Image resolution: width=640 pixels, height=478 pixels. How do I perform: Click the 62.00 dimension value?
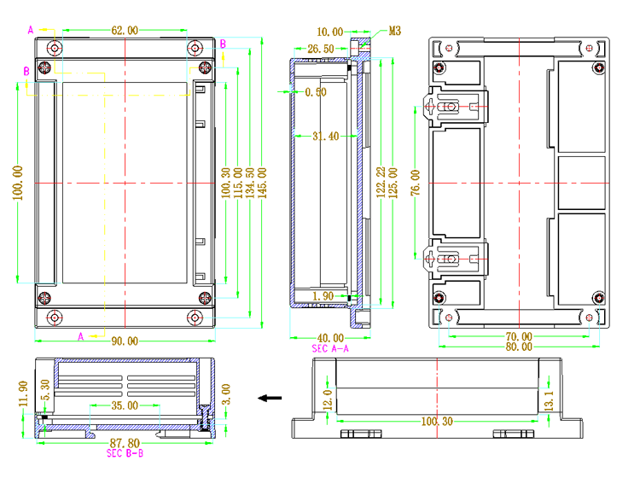pyautogui.click(x=125, y=30)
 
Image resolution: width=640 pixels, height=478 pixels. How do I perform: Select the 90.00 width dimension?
pyautogui.click(x=125, y=341)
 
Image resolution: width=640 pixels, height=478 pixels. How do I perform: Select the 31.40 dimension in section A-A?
pyautogui.click(x=326, y=136)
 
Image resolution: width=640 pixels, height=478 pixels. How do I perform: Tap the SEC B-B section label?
pyautogui.click(x=125, y=452)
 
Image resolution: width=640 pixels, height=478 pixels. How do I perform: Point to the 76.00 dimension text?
pyautogui.click(x=416, y=182)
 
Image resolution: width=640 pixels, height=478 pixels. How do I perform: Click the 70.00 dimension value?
pyautogui.click(x=519, y=337)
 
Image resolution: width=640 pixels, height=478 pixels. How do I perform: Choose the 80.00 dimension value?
pyautogui.click(x=519, y=347)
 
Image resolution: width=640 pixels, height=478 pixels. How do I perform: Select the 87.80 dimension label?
pyautogui.click(x=125, y=443)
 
